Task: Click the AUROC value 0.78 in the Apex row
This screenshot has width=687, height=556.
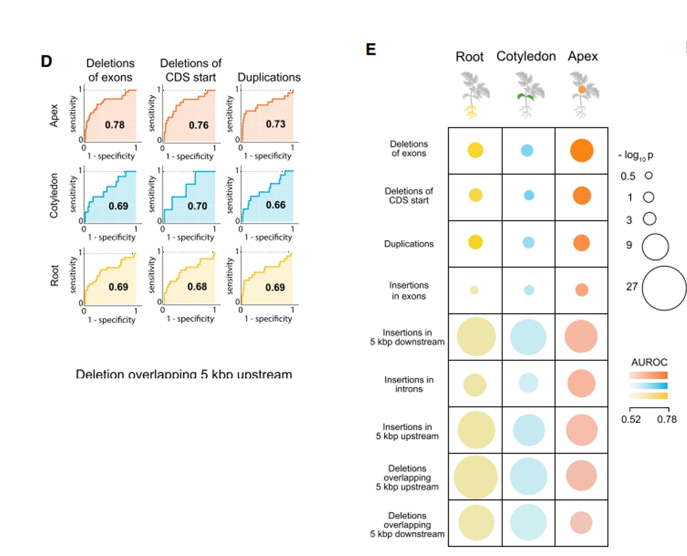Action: (x=114, y=125)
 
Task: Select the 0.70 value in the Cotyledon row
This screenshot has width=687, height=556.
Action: (x=198, y=206)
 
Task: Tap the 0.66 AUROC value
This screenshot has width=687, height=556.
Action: (x=275, y=205)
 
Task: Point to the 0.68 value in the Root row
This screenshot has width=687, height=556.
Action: (x=198, y=287)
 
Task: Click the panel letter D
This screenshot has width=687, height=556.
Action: (x=46, y=61)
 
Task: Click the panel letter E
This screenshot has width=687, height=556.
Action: (x=371, y=49)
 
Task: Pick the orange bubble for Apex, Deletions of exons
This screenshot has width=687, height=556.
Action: (x=582, y=150)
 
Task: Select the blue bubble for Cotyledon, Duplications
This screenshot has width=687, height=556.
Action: (x=528, y=242)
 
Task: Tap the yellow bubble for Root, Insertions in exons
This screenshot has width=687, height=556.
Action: (x=475, y=290)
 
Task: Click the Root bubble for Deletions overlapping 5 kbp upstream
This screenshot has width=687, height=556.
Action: (x=475, y=477)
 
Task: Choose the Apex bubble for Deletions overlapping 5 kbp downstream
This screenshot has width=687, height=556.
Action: (x=581, y=523)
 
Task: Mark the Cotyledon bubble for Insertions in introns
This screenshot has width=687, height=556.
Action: (x=528, y=383)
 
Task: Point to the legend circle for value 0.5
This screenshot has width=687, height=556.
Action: (x=648, y=175)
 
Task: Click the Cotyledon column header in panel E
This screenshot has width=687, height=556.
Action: (x=526, y=57)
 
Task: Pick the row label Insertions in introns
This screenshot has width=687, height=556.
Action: (x=409, y=384)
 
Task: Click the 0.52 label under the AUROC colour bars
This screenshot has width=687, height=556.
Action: (x=629, y=419)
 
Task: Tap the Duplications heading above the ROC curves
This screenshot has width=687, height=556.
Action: (x=269, y=77)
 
